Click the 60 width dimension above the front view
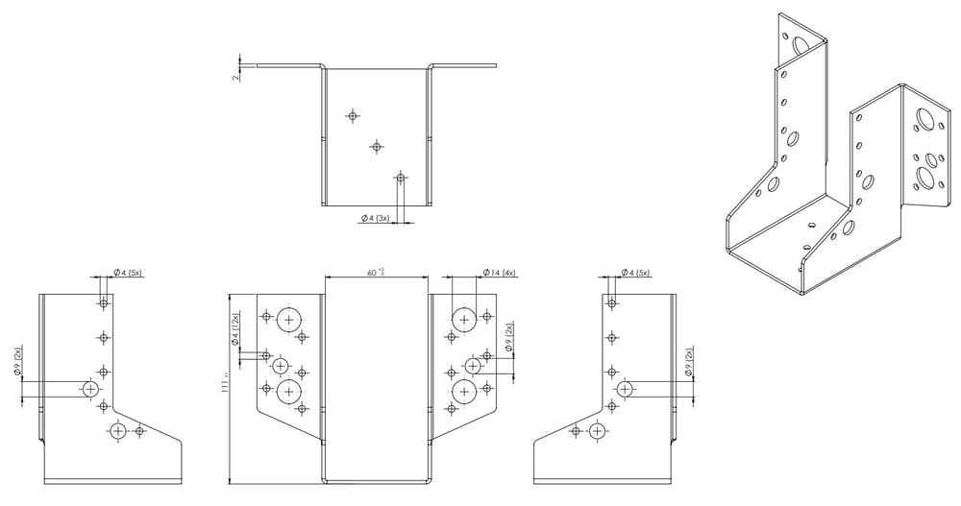tap(373, 273)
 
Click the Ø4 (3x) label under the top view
tap(375, 219)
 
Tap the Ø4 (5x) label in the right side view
tap(632, 273)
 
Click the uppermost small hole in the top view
tap(353, 115)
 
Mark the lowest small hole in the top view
tap(400, 178)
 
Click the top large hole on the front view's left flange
tap(288, 318)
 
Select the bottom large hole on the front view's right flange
tap(464, 390)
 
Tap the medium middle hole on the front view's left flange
tap(281, 366)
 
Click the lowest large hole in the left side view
tap(118, 430)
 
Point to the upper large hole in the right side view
tap(626, 389)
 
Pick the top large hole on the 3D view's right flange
tap(927, 121)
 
